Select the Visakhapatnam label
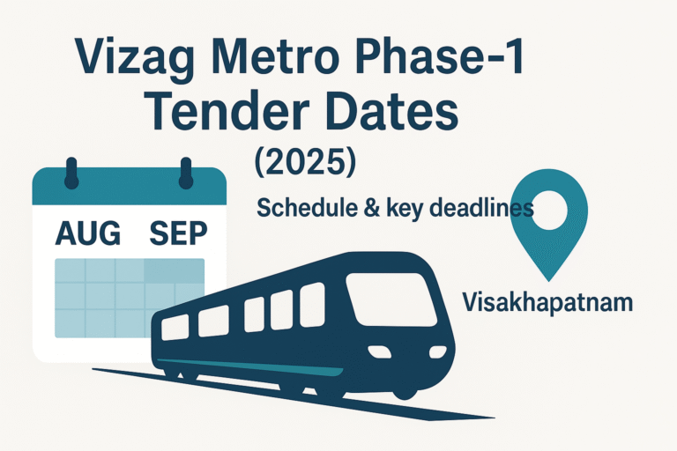547,304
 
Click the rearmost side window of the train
175,328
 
